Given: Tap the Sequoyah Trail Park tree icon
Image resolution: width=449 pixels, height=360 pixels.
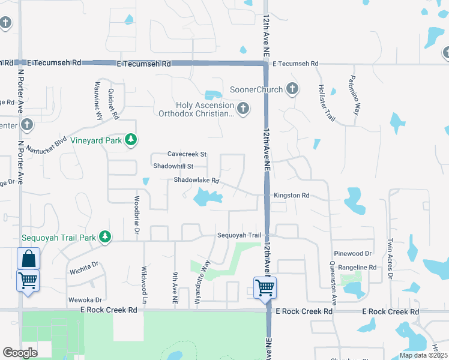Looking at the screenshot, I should point(106,237).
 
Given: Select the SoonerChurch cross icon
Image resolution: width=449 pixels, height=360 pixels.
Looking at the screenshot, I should point(292,89).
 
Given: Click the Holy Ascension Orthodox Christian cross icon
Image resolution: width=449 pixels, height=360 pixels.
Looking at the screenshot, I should point(243,109).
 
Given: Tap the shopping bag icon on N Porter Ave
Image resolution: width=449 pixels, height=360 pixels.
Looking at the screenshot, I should point(28,259).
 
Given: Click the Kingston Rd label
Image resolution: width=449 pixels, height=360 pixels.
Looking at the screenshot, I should point(291,196).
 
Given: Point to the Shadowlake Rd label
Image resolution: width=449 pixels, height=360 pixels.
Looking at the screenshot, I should point(196,180).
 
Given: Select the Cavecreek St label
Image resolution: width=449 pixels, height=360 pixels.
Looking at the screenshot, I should point(187,154).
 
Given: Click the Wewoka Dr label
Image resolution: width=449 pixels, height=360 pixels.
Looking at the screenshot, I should point(86,299).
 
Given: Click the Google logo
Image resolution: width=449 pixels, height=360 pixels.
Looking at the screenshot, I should point(20,353).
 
